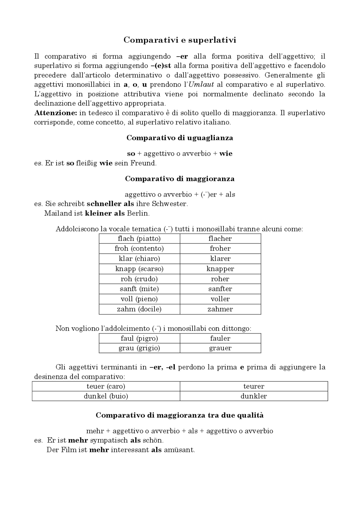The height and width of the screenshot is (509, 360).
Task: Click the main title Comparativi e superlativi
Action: click(180, 40)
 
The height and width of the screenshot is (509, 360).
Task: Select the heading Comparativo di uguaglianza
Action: click(180, 138)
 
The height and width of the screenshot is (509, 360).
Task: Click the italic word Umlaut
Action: click(201, 85)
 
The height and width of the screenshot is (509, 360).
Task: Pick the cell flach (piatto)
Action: click(139, 239)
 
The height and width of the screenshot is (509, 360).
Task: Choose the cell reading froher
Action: click(220, 248)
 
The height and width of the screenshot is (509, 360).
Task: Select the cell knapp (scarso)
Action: click(139, 269)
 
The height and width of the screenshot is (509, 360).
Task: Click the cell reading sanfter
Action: click(220, 289)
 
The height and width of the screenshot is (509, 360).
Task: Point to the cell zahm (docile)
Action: click(139, 309)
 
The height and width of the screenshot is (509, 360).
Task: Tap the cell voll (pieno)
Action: click(139, 299)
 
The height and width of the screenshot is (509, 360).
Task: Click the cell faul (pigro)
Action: click(139, 338)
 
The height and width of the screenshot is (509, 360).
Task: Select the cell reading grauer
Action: click(220, 348)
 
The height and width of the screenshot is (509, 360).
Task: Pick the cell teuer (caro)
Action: click(106, 386)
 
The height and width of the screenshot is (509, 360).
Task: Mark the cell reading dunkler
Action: click(254, 396)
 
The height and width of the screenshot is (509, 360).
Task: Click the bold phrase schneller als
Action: click(108, 204)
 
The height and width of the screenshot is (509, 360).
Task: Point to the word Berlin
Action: click(138, 213)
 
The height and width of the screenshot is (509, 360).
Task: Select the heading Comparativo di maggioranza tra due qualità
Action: click(180, 415)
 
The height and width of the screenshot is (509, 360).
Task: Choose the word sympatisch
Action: click(109, 440)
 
